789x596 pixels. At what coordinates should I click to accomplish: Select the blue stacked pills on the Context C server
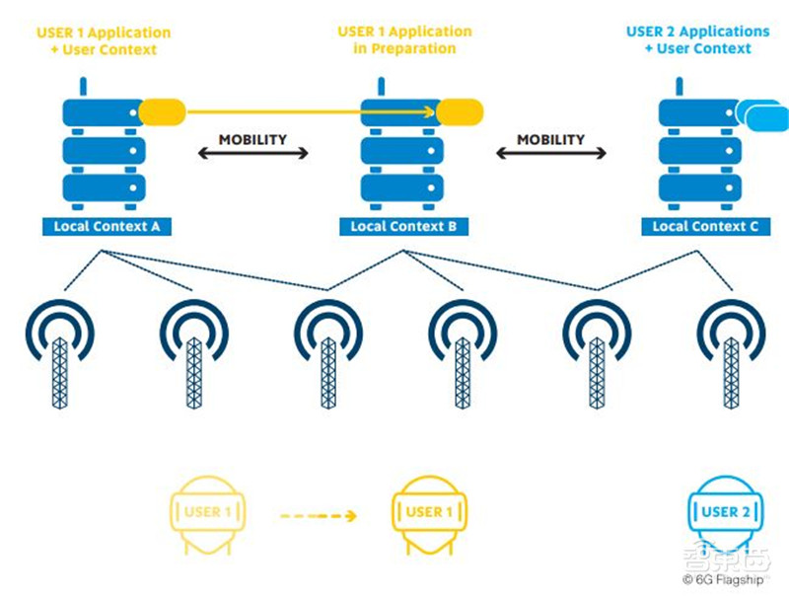(763, 115)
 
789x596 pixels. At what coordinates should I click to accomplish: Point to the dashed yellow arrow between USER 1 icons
(317, 514)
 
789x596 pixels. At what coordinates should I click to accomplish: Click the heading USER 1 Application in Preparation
(404, 39)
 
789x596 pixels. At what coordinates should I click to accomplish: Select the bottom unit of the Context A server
(105, 187)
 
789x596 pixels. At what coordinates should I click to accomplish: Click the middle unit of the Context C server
(702, 150)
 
